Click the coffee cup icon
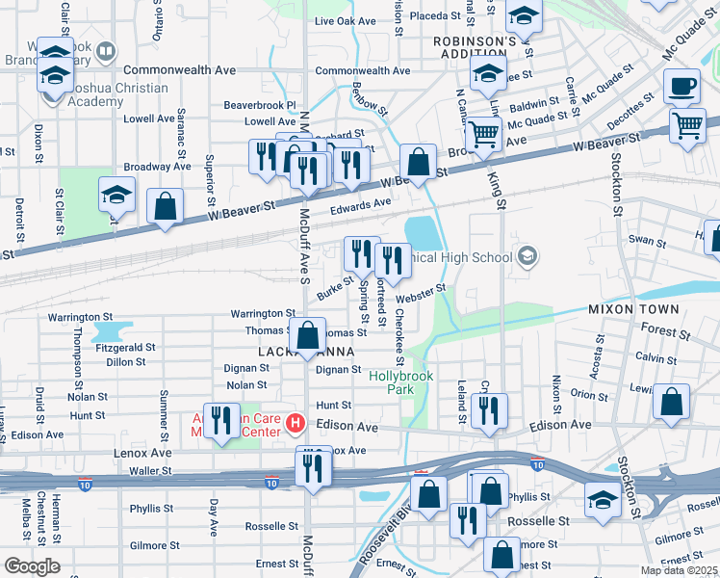(x=682, y=87)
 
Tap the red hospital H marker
(x=297, y=423)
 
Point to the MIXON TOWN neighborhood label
(x=634, y=309)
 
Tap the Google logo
(x=32, y=566)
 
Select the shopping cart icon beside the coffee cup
(x=688, y=125)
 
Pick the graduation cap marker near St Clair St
(x=116, y=196)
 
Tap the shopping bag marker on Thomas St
(x=308, y=336)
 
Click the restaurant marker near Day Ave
(x=221, y=420)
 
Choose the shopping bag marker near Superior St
(x=166, y=205)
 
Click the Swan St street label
(x=640, y=241)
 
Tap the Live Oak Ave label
(x=345, y=21)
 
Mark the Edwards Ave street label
(x=361, y=203)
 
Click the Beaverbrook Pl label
(x=260, y=104)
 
